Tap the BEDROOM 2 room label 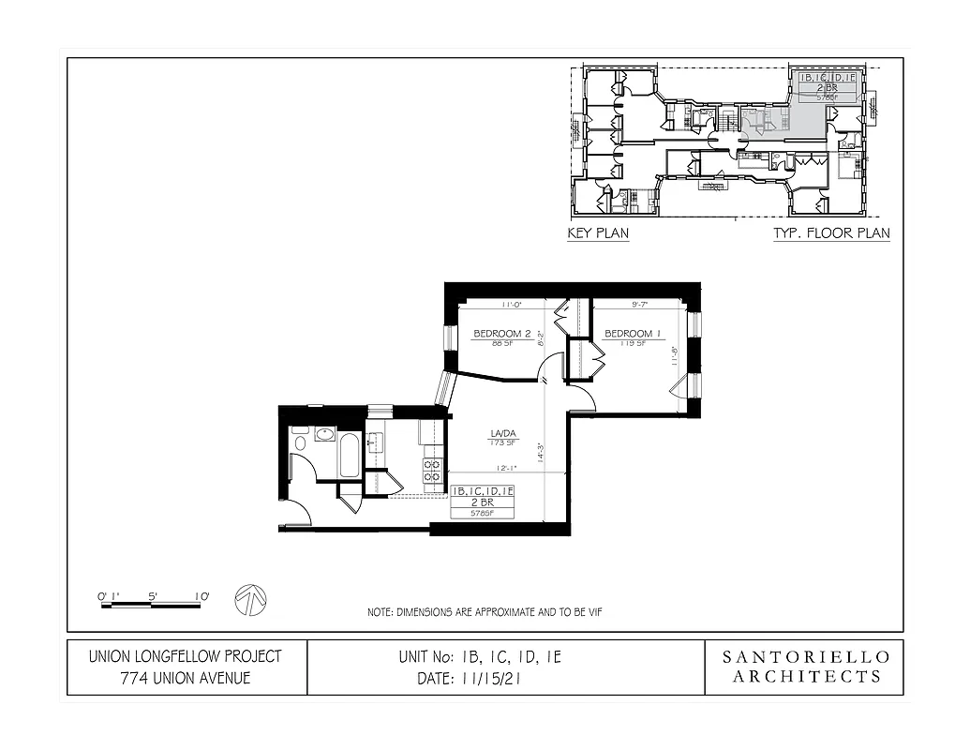click(x=502, y=334)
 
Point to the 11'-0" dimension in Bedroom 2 click(x=512, y=305)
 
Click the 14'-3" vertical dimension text click(x=541, y=452)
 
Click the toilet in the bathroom click(x=300, y=441)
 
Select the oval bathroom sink click(x=324, y=434)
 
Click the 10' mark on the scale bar click(x=201, y=594)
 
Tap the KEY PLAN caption click(x=598, y=233)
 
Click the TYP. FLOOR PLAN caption click(x=830, y=233)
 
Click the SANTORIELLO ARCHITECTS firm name click(x=804, y=667)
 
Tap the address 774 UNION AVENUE click(x=185, y=678)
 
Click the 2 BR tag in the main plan click(x=483, y=502)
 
